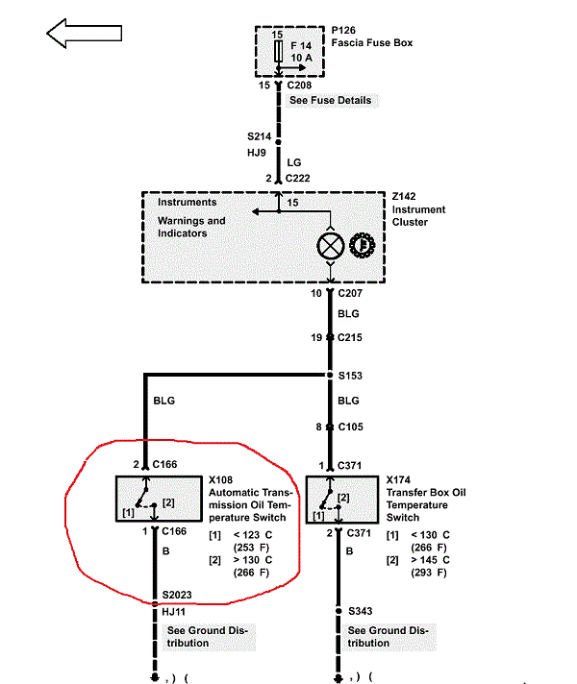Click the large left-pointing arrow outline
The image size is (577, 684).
click(x=84, y=34)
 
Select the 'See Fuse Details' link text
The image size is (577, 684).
click(x=330, y=100)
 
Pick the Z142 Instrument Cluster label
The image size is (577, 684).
click(x=419, y=208)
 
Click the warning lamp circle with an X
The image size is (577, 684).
click(x=330, y=246)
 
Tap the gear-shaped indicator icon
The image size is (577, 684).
click(x=362, y=246)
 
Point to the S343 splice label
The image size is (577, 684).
click(x=361, y=610)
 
